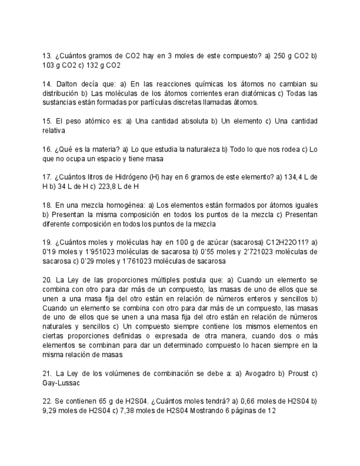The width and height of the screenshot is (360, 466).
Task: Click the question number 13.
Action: [46, 56]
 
